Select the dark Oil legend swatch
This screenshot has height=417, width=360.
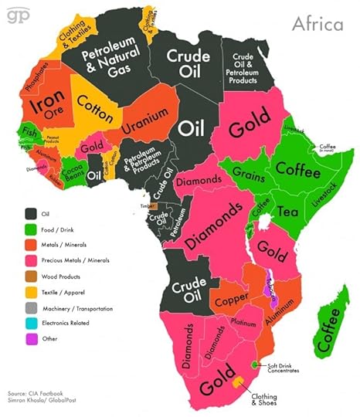32,213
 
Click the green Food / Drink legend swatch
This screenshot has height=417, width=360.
32,229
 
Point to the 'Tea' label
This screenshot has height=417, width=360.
287,212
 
